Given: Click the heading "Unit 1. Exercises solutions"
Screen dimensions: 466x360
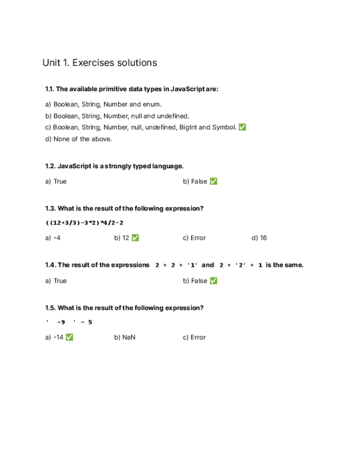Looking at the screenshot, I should [x=99, y=63].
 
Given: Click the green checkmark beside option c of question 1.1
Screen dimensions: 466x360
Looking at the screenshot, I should [x=242, y=127].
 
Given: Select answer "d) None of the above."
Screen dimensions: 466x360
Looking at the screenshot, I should [x=78, y=139].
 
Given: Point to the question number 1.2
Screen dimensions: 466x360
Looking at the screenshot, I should [x=50, y=166].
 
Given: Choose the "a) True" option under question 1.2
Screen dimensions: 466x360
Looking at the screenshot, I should [x=56, y=181].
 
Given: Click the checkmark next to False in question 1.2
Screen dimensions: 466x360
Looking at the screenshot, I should [x=213, y=181].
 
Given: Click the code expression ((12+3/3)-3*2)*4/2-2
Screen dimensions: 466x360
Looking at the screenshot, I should [x=84, y=223].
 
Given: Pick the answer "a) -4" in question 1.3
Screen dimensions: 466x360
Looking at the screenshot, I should [x=53, y=238].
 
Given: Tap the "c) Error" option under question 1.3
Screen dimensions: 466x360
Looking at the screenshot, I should [x=194, y=238].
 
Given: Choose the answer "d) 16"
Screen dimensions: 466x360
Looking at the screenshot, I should [x=259, y=238].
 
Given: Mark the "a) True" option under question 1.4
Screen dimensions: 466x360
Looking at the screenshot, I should [x=56, y=281].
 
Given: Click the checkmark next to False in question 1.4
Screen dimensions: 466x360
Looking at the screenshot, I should [x=213, y=281].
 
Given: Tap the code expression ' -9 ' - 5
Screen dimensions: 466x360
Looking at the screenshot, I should [x=69, y=322].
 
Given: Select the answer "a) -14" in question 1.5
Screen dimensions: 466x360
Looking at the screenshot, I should [x=54, y=337].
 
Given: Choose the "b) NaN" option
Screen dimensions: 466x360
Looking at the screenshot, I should [x=125, y=337].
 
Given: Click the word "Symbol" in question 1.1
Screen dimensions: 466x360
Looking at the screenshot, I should [x=223, y=127].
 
